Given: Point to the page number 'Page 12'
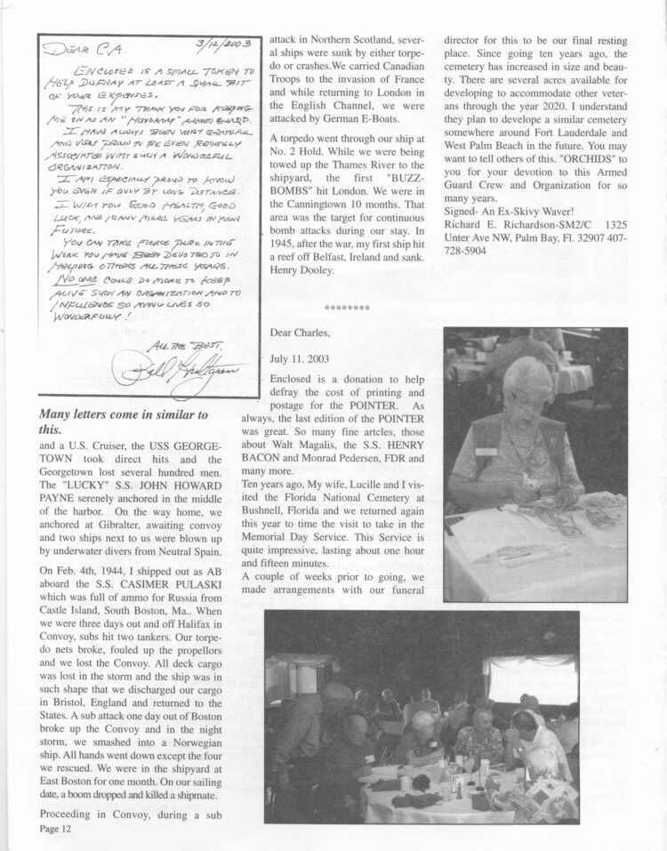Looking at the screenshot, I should pyautogui.click(x=54, y=829).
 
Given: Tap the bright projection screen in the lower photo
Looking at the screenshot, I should pyautogui.click(x=532, y=678).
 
